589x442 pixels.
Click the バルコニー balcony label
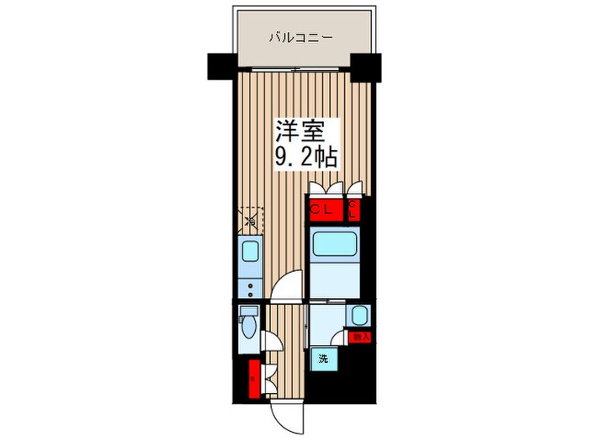[x=301, y=37]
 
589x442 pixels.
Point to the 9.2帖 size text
[x=306, y=157]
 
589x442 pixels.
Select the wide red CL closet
[x=325, y=210]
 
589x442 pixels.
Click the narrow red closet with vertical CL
[x=354, y=210]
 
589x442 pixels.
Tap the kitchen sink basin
[x=250, y=252]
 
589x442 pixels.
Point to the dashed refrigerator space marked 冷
[x=251, y=221]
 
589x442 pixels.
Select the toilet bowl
[x=248, y=323]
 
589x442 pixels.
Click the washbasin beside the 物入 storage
[x=358, y=317]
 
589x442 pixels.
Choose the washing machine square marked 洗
[x=322, y=359]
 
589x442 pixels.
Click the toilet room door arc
[x=271, y=340]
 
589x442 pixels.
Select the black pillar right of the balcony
[x=367, y=65]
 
